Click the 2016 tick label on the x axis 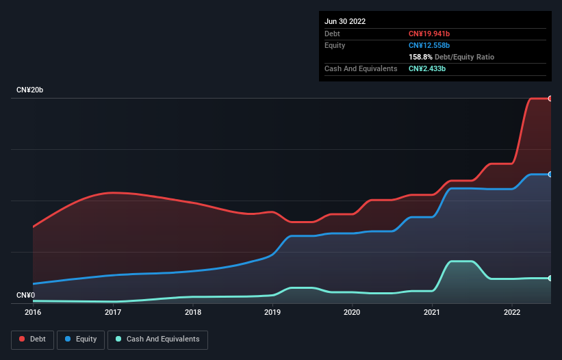pyautogui.click(x=33, y=313)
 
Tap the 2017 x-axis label pyautogui.click(x=113, y=313)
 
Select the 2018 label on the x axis pyautogui.click(x=193, y=313)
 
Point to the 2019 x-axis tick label pyautogui.click(x=272, y=313)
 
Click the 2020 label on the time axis pyautogui.click(x=352, y=313)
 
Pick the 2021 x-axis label pyautogui.click(x=432, y=313)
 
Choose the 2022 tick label pyautogui.click(x=512, y=313)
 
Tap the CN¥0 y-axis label pyautogui.click(x=25, y=295)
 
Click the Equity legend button pyautogui.click(x=81, y=339)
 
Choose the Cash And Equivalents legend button pyautogui.click(x=157, y=339)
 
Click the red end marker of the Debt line pyautogui.click(x=550, y=99)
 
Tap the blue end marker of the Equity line pyautogui.click(x=550, y=175)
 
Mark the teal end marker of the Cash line pyautogui.click(x=550, y=278)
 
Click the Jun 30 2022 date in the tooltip pyautogui.click(x=345, y=21)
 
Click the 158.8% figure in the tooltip pyautogui.click(x=420, y=57)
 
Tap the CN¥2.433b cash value pyautogui.click(x=428, y=68)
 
